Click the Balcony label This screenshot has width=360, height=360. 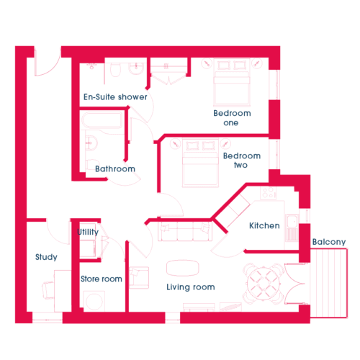[329, 242]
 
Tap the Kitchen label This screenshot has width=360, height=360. [264, 225]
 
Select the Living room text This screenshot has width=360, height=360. [191, 287]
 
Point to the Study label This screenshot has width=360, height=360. [46, 257]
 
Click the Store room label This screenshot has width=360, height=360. [102, 279]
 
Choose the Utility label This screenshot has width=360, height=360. [88, 232]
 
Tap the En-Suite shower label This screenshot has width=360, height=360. [115, 97]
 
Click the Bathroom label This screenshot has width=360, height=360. [115, 168]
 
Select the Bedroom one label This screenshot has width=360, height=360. [232, 118]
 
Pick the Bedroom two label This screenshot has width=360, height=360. [242, 161]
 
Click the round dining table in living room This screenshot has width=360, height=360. [264, 284]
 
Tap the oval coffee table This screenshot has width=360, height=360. [183, 268]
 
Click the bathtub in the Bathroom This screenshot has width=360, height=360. [102, 120]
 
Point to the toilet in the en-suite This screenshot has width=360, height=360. [115, 70]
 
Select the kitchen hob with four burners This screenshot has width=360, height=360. [268, 193]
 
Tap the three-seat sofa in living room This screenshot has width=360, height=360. [185, 231]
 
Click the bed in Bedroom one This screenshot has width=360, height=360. [232, 82]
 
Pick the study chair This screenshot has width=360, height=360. [48, 290]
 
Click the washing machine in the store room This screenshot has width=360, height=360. [94, 302]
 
